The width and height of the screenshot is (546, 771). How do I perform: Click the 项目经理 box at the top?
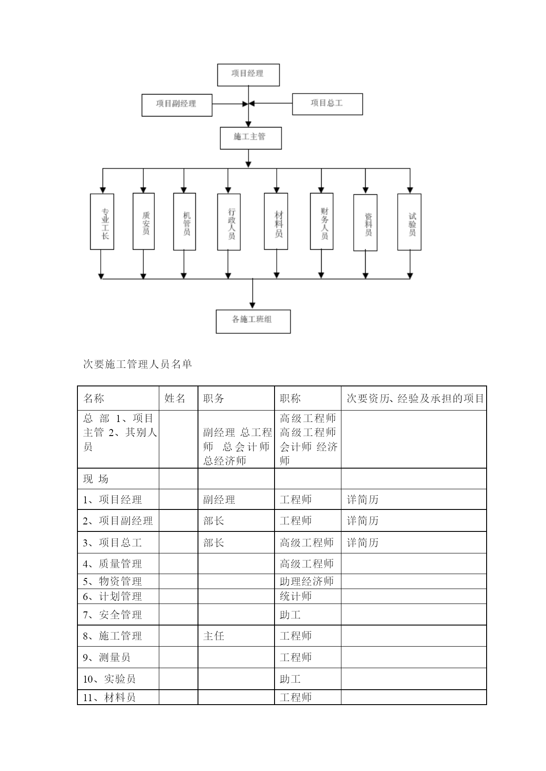248,75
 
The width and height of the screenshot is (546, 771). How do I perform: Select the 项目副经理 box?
177,105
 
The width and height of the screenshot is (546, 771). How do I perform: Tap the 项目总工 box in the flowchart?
327,104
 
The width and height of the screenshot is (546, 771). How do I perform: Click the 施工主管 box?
251,138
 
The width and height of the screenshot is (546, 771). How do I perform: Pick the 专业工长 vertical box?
102,222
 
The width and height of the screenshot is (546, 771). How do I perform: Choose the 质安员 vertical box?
143,222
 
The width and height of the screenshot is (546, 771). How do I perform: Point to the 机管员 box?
184,222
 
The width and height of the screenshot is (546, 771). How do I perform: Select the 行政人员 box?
229,222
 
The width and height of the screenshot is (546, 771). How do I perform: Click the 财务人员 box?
322,221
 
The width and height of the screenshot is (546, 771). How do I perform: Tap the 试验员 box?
409,222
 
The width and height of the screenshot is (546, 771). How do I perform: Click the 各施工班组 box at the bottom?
253,321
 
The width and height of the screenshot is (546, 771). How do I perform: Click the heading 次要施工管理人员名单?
138,364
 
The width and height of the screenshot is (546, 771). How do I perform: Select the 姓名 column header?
175,398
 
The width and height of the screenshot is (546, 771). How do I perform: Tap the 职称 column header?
290,398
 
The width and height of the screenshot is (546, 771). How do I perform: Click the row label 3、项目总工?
112,542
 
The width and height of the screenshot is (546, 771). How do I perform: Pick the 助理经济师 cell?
307,581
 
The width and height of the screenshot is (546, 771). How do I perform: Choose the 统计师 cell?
296,596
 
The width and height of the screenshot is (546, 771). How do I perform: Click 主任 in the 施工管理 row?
214,636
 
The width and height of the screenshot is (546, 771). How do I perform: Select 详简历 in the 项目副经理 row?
363,520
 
